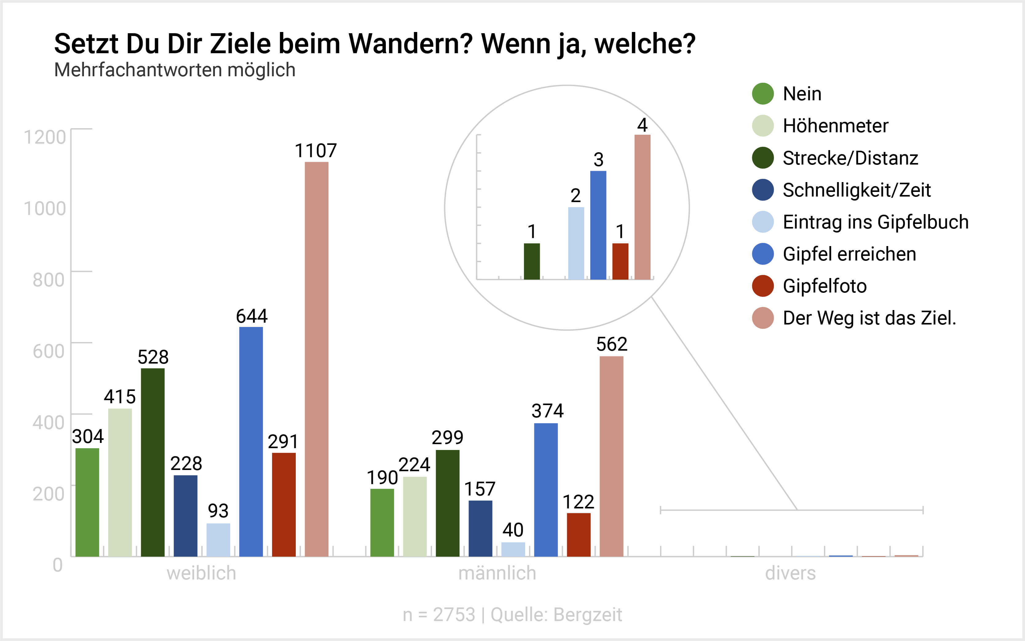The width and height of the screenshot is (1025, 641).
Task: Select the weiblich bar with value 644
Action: click(x=251, y=441)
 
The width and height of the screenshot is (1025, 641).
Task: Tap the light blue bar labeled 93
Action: click(x=218, y=540)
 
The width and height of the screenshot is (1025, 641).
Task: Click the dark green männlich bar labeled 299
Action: click(x=447, y=503)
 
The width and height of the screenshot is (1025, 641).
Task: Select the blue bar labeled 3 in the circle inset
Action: click(x=598, y=225)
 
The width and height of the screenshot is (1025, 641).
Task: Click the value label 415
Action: click(x=120, y=397)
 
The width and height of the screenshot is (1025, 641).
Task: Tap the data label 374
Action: click(x=548, y=411)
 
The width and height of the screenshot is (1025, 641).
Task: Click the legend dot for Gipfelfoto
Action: click(x=763, y=286)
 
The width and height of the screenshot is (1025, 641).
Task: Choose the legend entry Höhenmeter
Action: click(x=835, y=126)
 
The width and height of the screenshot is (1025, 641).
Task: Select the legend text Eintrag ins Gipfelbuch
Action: click(x=875, y=222)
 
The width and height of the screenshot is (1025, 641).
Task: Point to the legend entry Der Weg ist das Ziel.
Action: click(x=869, y=318)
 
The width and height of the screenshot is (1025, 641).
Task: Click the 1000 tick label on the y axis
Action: click(x=45, y=209)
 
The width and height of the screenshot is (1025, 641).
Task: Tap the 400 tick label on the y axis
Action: click(x=48, y=422)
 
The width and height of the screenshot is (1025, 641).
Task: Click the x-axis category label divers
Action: click(x=790, y=573)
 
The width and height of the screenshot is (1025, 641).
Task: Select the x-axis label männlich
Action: click(x=497, y=573)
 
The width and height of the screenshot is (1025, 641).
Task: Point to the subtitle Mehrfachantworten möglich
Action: click(x=175, y=70)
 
